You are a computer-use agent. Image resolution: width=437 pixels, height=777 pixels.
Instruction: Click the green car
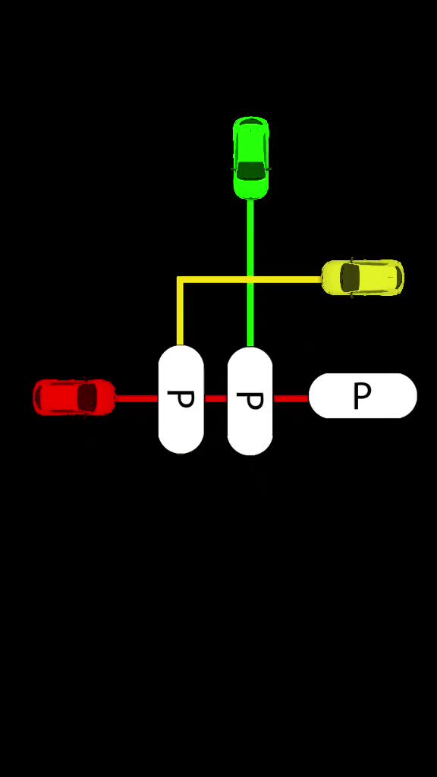(250, 158)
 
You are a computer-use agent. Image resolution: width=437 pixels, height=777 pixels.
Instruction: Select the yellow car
(363, 278)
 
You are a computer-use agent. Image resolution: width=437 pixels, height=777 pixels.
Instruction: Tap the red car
(74, 397)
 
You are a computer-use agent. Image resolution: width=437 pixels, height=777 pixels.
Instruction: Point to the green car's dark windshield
(250, 171)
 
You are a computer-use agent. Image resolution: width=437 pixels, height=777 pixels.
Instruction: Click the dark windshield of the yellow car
(350, 278)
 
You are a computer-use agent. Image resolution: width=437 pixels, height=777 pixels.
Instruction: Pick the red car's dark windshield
(88, 398)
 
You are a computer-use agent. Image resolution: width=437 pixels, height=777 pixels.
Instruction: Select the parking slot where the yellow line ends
(181, 399)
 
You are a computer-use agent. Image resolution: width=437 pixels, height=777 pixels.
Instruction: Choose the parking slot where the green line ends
(250, 401)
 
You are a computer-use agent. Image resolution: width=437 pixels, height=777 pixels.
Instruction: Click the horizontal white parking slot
(363, 395)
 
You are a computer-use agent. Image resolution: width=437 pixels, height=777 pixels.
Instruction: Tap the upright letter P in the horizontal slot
(362, 396)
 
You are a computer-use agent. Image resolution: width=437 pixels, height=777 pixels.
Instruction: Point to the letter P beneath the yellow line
(181, 399)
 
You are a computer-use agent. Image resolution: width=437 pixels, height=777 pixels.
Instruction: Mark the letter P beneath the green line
(250, 401)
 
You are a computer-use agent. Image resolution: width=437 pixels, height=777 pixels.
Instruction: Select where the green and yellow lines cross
(250, 280)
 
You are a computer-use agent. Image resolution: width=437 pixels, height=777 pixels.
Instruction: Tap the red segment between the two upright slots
(215, 398)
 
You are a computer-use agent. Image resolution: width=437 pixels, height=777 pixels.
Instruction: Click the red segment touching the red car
(137, 398)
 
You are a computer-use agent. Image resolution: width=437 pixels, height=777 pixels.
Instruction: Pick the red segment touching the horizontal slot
(291, 398)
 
